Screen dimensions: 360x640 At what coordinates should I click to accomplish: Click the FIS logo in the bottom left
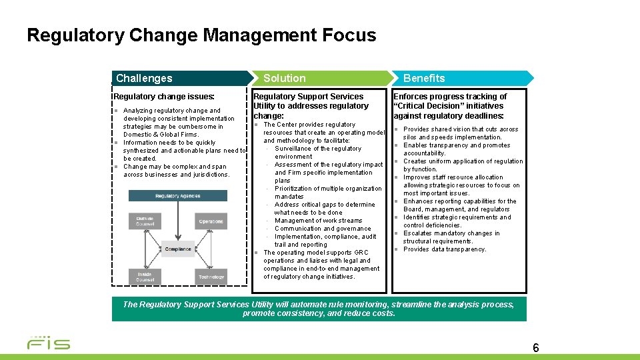(48, 343)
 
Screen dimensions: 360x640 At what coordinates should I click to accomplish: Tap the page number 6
(536, 347)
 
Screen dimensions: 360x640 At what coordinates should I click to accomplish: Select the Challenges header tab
(144, 78)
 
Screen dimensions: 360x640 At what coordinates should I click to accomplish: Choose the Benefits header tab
(424, 78)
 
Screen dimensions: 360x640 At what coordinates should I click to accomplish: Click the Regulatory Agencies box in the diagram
(177, 196)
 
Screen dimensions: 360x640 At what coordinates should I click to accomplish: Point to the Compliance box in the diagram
(178, 249)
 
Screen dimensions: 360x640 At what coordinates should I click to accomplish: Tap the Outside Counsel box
(145, 221)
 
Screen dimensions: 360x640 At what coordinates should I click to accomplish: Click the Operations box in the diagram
(211, 221)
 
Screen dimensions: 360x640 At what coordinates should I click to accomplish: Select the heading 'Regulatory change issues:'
(164, 97)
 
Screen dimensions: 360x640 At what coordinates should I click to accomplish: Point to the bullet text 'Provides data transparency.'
(445, 249)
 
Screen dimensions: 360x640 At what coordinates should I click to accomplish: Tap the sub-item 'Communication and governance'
(323, 229)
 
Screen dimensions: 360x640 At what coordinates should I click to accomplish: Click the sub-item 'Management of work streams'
(319, 221)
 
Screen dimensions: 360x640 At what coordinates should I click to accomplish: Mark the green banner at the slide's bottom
(319, 309)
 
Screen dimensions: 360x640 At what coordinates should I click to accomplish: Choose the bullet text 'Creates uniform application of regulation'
(463, 161)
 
